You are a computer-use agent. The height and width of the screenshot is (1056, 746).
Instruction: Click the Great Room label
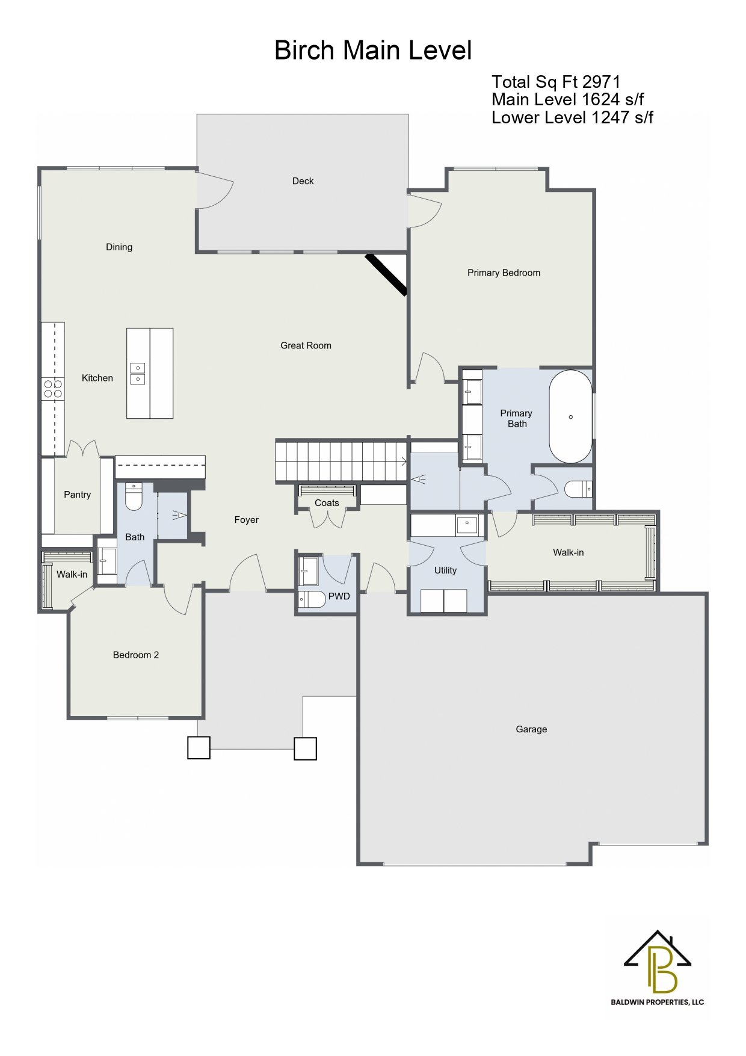(x=306, y=345)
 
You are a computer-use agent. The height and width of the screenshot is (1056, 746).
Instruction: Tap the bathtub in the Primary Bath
(x=570, y=416)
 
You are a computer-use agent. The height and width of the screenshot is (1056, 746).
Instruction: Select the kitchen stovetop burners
(x=53, y=388)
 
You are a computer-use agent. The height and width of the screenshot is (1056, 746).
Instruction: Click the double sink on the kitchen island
(x=138, y=374)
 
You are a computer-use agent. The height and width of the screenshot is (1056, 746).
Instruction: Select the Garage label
(x=531, y=729)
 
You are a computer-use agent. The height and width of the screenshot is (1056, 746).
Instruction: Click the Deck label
(x=303, y=181)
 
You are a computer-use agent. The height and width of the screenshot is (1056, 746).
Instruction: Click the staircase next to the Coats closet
(x=341, y=462)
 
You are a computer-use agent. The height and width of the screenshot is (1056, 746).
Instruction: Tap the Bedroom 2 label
(x=136, y=655)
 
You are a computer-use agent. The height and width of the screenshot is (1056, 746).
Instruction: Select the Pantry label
(x=77, y=495)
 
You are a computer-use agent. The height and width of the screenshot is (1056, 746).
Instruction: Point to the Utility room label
(x=445, y=570)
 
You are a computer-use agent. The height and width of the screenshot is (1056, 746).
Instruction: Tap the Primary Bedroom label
(x=504, y=273)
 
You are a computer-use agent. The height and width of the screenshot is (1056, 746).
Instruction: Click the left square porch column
(x=199, y=748)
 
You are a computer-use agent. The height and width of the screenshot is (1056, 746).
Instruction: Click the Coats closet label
(x=327, y=503)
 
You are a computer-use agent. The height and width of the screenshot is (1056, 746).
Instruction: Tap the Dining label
(x=119, y=247)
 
